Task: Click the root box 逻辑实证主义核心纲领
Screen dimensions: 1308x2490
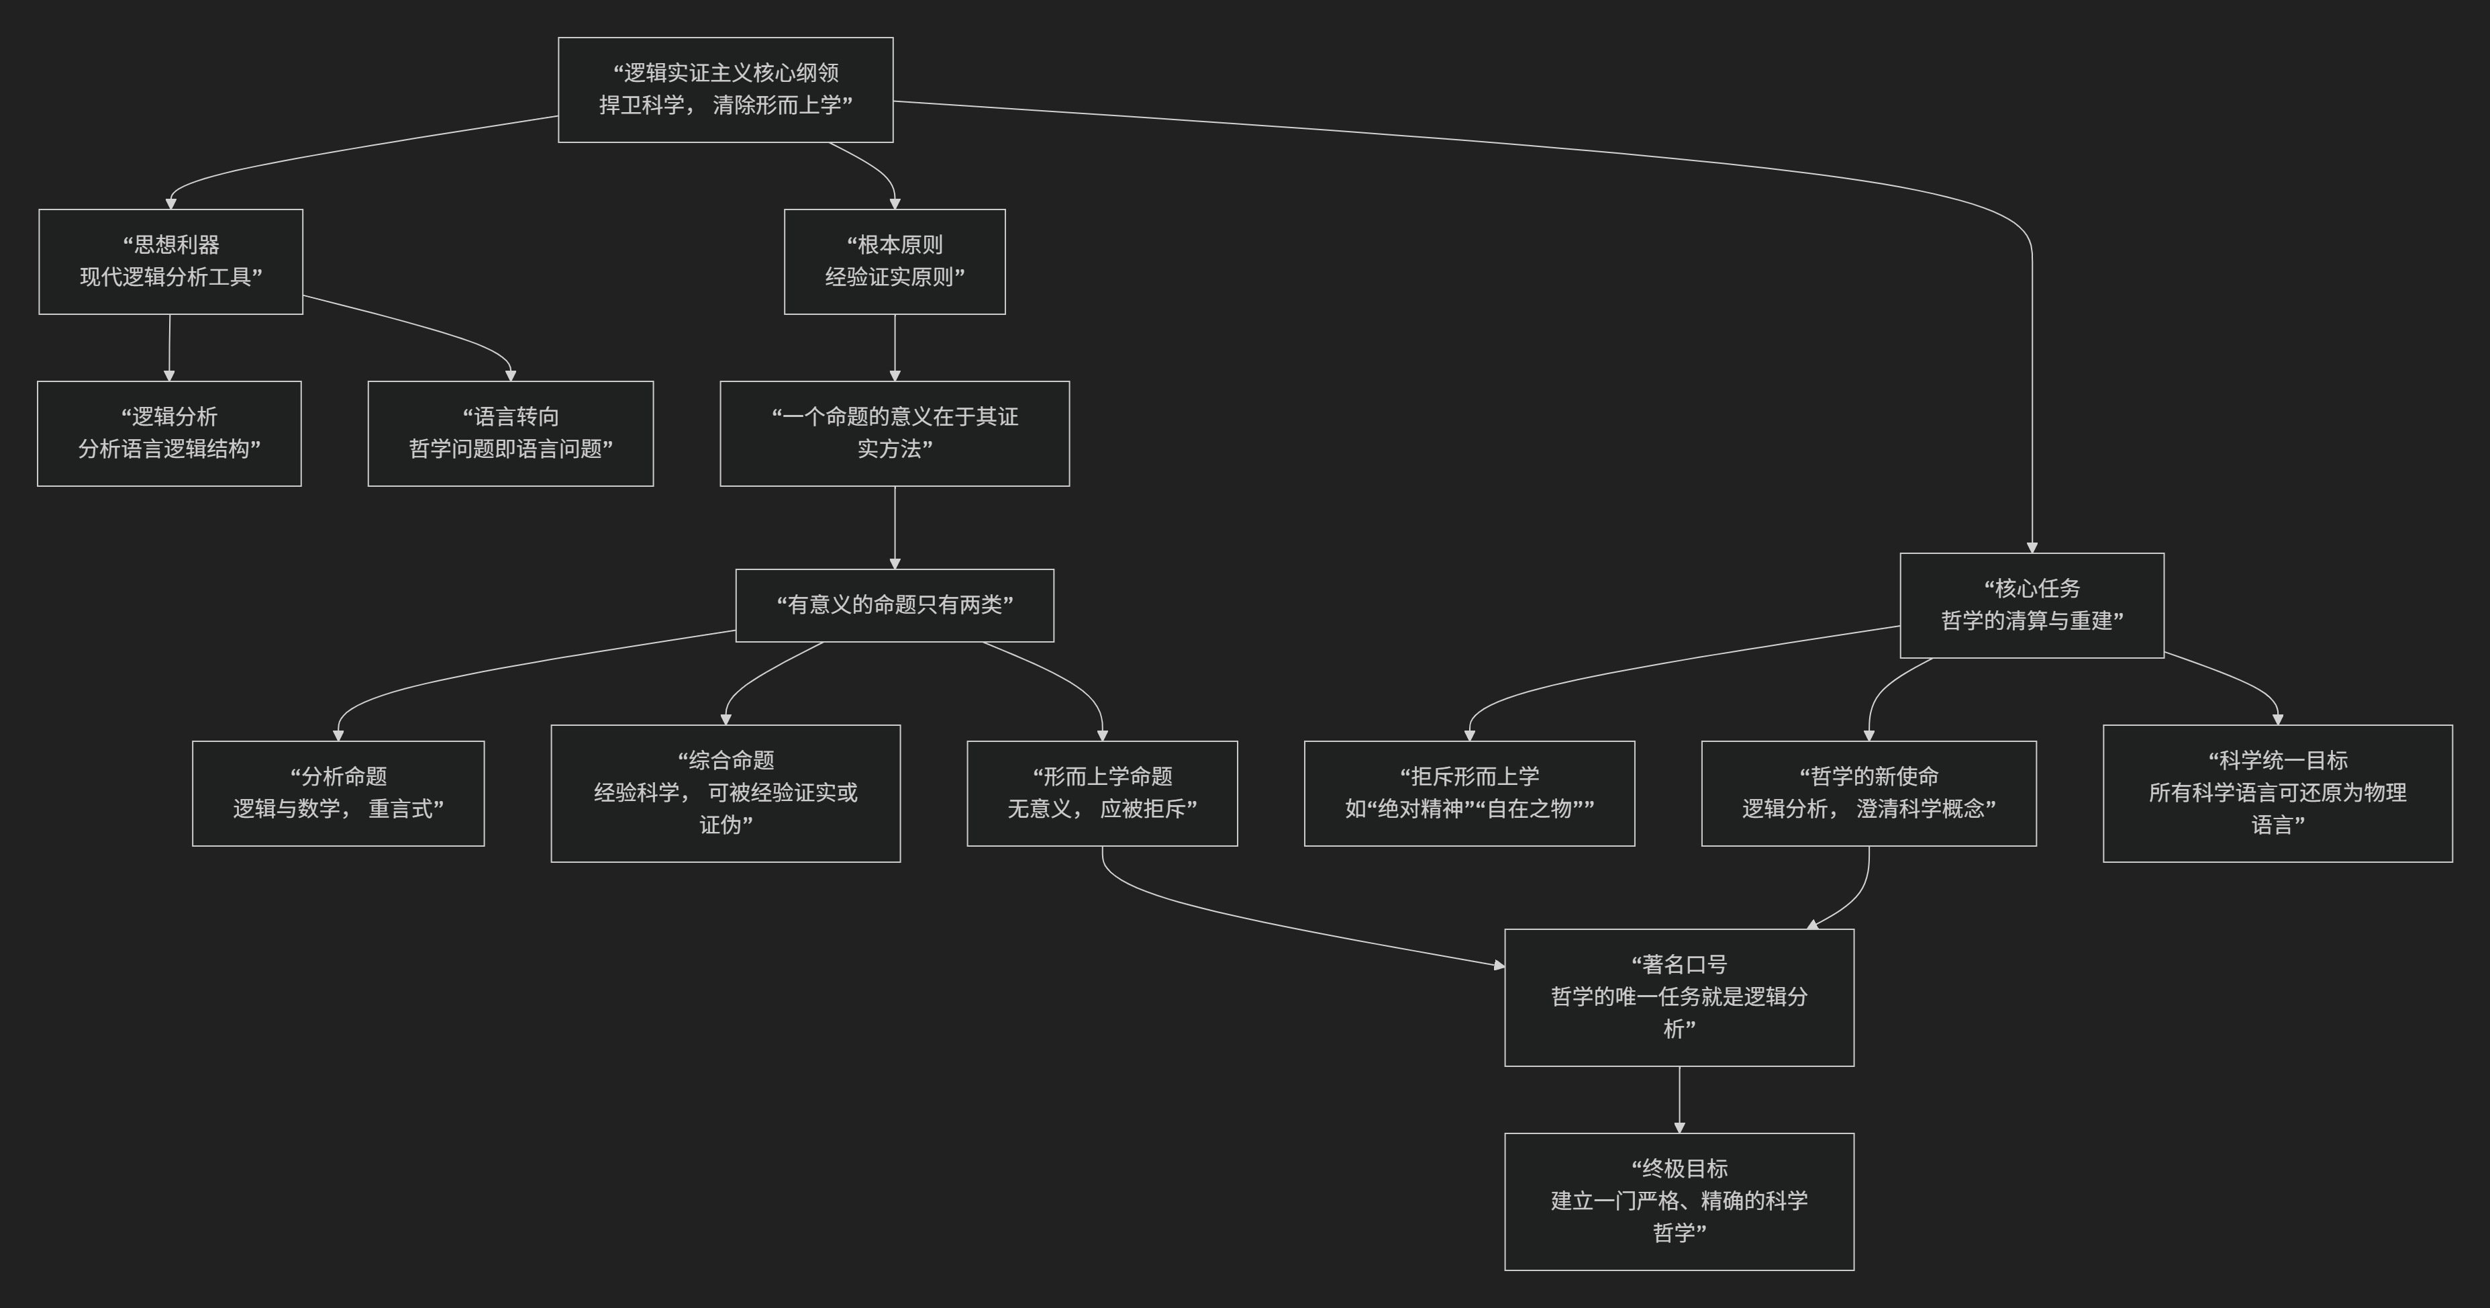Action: click(725, 90)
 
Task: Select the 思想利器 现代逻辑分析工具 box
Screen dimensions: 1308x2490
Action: click(170, 261)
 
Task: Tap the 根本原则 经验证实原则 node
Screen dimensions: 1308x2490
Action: click(894, 261)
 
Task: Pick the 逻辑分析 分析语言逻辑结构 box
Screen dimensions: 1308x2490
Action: click(169, 433)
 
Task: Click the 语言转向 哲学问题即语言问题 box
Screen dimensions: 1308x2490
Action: click(510, 433)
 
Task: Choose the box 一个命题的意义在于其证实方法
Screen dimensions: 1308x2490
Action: click(894, 433)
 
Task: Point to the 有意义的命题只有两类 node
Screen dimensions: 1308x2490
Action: click(894, 605)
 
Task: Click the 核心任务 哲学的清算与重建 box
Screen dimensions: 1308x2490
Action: click(2031, 605)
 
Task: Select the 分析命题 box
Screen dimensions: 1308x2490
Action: click(338, 793)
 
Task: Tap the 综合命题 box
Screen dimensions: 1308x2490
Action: click(725, 793)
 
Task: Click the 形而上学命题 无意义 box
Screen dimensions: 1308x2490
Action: click(1102, 793)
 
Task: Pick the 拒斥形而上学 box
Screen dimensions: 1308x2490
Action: click(1469, 793)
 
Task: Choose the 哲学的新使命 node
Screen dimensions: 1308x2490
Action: click(1869, 793)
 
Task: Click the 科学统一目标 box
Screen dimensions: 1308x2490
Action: click(2277, 793)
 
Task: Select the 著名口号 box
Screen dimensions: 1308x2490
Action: click(1679, 996)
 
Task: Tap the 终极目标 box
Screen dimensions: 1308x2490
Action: click(1679, 1201)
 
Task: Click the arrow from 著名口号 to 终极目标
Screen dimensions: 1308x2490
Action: click(1679, 1099)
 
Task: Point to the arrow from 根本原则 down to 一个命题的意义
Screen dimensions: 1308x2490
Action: click(894, 347)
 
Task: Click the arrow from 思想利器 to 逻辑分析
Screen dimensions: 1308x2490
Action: click(169, 347)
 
